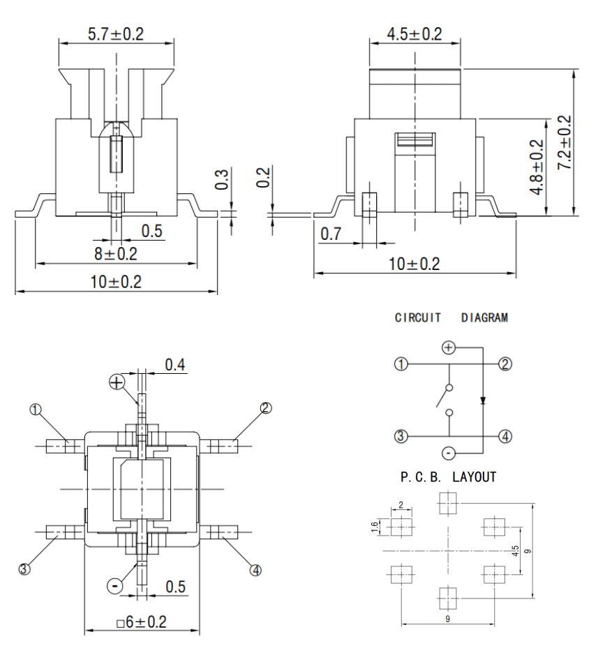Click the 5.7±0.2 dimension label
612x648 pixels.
point(116,34)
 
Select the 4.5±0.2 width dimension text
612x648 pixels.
point(415,34)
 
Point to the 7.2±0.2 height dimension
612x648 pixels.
point(565,142)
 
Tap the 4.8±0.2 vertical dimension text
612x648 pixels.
point(537,167)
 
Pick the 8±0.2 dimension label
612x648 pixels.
point(116,254)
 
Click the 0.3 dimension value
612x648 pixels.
point(222,179)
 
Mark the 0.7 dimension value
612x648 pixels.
point(331,234)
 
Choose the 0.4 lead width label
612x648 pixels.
point(175,365)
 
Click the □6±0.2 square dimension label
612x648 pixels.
point(142,622)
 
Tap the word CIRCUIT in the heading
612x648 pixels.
point(417,318)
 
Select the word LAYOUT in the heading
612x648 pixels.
point(474,477)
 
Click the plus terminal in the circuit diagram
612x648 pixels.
point(449,347)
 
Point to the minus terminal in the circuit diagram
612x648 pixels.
point(449,453)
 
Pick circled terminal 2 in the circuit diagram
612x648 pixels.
point(505,364)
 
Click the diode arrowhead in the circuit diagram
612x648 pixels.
point(483,400)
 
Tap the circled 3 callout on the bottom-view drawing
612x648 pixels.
point(24,569)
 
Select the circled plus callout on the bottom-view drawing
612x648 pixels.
point(117,382)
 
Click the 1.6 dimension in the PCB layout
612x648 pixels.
point(375,527)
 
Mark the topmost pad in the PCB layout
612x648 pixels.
point(448,503)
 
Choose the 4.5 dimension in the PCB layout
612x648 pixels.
point(515,551)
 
